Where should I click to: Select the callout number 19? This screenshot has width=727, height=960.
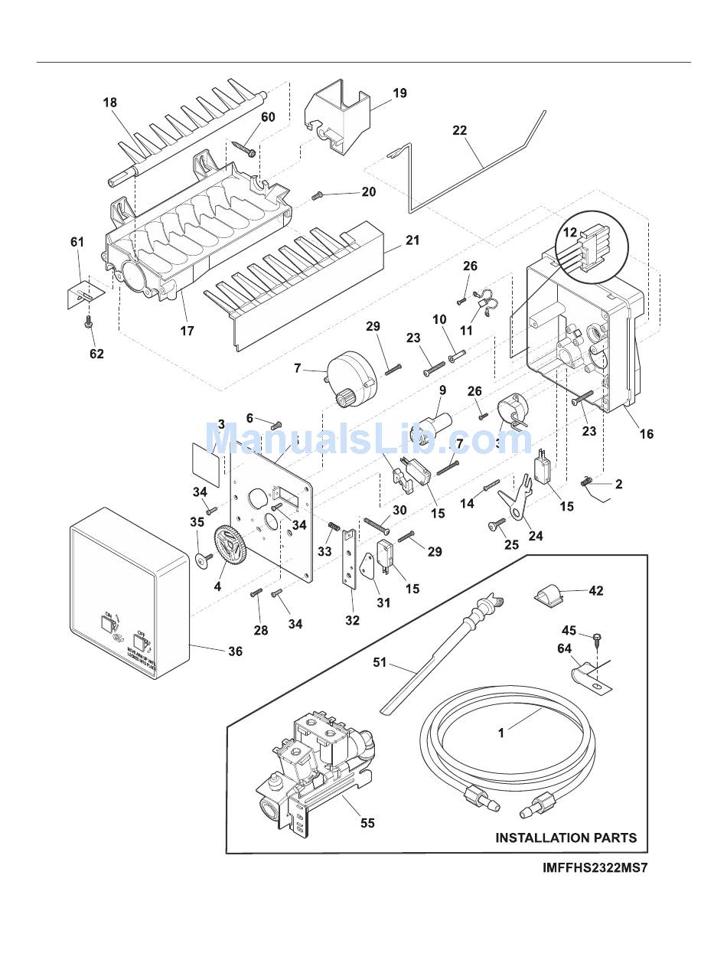(x=399, y=93)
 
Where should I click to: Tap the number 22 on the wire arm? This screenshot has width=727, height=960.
(x=459, y=130)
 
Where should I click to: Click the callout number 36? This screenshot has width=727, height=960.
(x=235, y=651)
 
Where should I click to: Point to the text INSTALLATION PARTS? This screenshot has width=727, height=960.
(x=566, y=838)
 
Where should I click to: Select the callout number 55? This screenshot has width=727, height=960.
(x=367, y=823)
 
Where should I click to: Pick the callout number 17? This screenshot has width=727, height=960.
(x=187, y=331)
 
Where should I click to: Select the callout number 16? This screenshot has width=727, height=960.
(x=647, y=434)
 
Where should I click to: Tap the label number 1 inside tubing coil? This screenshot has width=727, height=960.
(x=501, y=733)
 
